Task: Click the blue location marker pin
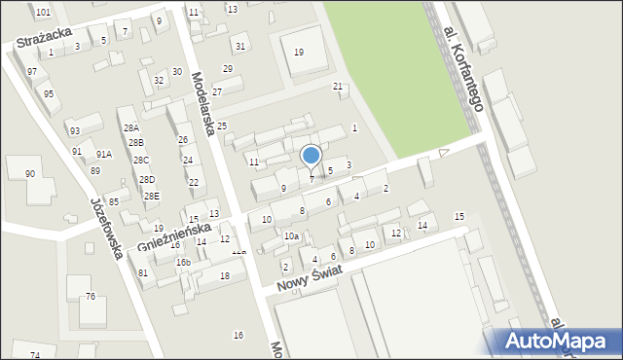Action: [311, 156]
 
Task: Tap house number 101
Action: [43, 12]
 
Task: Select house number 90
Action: [30, 173]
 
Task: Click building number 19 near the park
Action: [298, 52]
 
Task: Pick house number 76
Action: [91, 296]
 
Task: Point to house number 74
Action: [35, 355]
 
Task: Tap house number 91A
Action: [103, 154]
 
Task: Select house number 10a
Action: [290, 236]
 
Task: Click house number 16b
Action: [183, 263]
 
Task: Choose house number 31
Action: [239, 46]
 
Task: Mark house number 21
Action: [338, 87]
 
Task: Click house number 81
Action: [143, 272]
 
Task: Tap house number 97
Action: [32, 72]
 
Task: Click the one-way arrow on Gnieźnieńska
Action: [444, 152]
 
